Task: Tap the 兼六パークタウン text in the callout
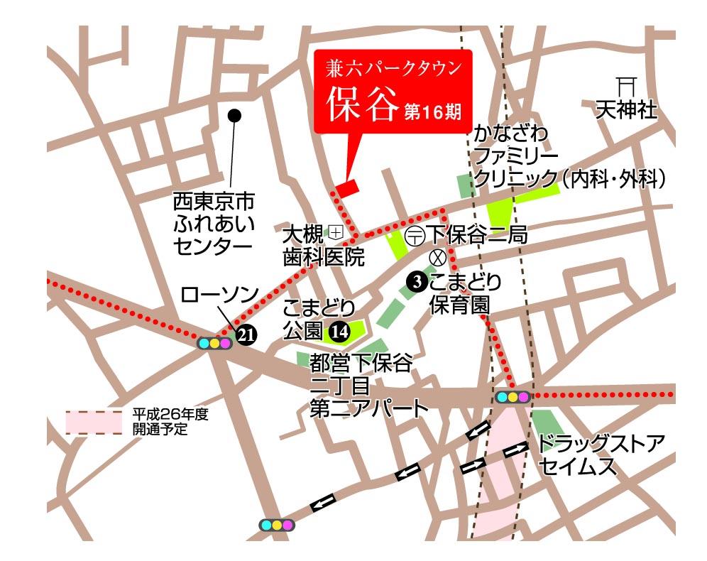(x=392, y=70)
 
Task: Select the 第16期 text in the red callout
(x=432, y=111)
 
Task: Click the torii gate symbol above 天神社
(x=625, y=87)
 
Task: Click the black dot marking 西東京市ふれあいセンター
(x=234, y=114)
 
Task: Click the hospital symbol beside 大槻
(x=335, y=231)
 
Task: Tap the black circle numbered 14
(x=339, y=329)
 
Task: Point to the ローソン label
(x=219, y=294)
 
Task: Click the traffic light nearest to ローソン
(x=214, y=343)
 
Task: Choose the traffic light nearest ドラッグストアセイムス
(x=513, y=397)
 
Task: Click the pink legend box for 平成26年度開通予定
(x=94, y=422)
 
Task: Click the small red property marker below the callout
(x=347, y=188)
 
